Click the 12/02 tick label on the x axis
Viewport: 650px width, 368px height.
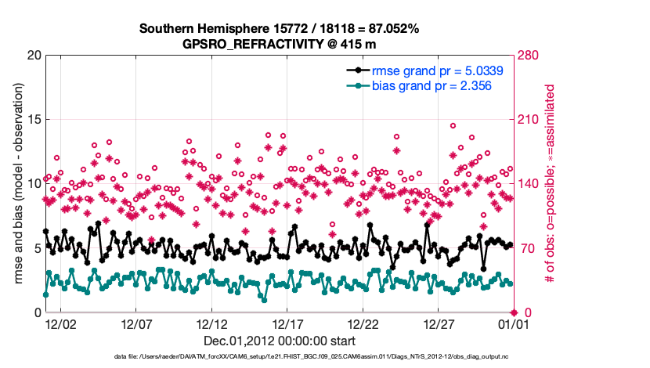click(x=60, y=323)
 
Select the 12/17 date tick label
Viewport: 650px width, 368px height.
click(x=287, y=323)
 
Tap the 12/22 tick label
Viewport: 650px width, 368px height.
click(x=363, y=323)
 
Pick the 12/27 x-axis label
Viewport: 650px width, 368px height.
click(x=439, y=323)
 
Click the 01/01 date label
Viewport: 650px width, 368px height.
click(x=513, y=323)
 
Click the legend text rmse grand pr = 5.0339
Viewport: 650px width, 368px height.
click(x=437, y=70)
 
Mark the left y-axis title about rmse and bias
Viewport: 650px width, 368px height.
click(x=18, y=184)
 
